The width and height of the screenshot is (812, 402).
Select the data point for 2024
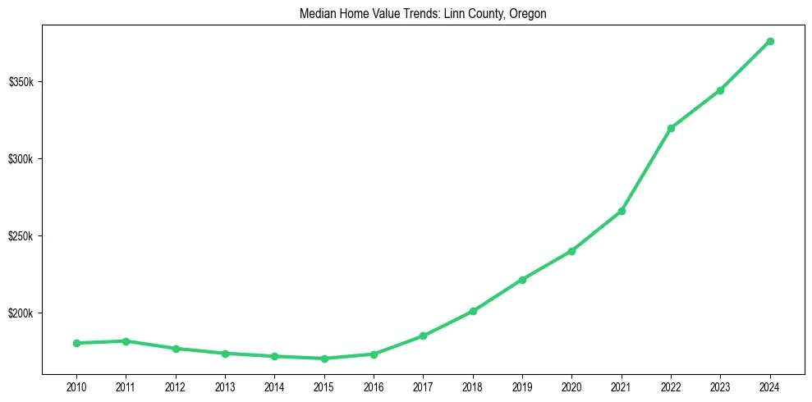pyautogui.click(x=770, y=41)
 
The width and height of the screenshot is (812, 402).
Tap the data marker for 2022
pyautogui.click(x=671, y=128)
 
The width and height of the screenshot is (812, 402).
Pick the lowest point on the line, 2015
pyautogui.click(x=324, y=359)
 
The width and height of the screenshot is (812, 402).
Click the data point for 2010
pyautogui.click(x=76, y=343)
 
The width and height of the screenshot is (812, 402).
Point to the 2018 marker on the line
pyautogui.click(x=473, y=311)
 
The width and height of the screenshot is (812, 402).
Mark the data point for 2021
pyautogui.click(x=622, y=211)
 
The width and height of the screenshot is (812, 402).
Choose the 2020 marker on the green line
pyautogui.click(x=572, y=251)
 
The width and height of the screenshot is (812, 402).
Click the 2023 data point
pyautogui.click(x=720, y=90)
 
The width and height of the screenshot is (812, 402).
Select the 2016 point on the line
pyautogui.click(x=374, y=354)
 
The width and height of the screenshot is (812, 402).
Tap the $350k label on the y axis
pyautogui.click(x=21, y=82)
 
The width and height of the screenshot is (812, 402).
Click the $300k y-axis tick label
pyautogui.click(x=21, y=159)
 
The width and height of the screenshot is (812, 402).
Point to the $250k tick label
pyautogui.click(x=21, y=236)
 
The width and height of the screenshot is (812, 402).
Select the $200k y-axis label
pyautogui.click(x=21, y=313)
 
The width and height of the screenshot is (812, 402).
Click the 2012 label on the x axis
pyautogui.click(x=176, y=386)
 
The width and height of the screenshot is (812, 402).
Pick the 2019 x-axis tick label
pyautogui.click(x=522, y=386)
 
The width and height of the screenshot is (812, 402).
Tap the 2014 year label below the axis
pyautogui.click(x=274, y=386)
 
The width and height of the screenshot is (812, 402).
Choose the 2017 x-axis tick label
pyautogui.click(x=423, y=386)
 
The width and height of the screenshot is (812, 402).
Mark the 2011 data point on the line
pyautogui.click(x=126, y=341)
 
